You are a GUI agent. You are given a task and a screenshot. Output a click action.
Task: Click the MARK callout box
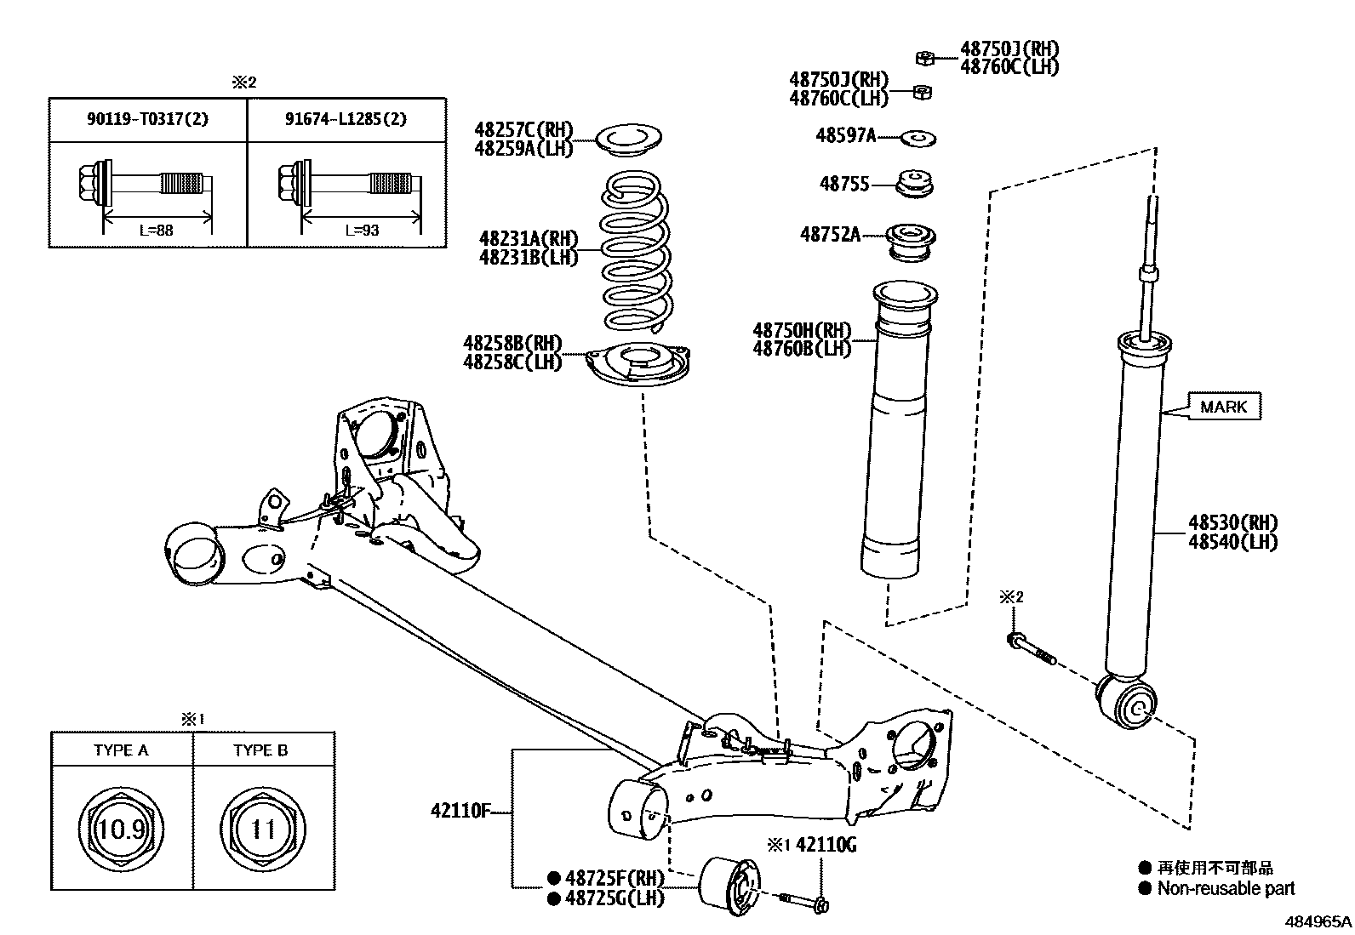point(1223,407)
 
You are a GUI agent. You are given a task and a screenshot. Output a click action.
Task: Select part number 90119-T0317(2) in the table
point(147,118)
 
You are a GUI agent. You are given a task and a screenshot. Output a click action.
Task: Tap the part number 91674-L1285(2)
point(346,118)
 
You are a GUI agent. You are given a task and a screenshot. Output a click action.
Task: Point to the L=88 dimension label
point(156,230)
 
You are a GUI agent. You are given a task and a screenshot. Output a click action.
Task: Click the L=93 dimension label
point(362,230)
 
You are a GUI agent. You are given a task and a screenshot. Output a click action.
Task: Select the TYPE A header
point(121,750)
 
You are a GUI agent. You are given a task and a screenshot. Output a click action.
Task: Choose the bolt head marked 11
point(263,828)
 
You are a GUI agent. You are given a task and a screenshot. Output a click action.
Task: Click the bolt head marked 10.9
point(121,828)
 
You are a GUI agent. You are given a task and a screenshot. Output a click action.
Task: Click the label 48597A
point(845,135)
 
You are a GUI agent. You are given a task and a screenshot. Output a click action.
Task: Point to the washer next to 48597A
point(918,136)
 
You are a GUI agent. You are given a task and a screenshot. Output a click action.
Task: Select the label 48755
point(844,184)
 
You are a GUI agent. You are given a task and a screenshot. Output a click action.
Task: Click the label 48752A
point(830,234)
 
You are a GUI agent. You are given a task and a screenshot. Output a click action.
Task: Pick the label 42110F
point(460,811)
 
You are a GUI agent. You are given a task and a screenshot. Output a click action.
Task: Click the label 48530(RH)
point(1232,522)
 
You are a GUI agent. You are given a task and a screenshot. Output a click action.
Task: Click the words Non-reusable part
point(1226,888)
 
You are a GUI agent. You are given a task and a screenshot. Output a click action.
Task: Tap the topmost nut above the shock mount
point(926,58)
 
